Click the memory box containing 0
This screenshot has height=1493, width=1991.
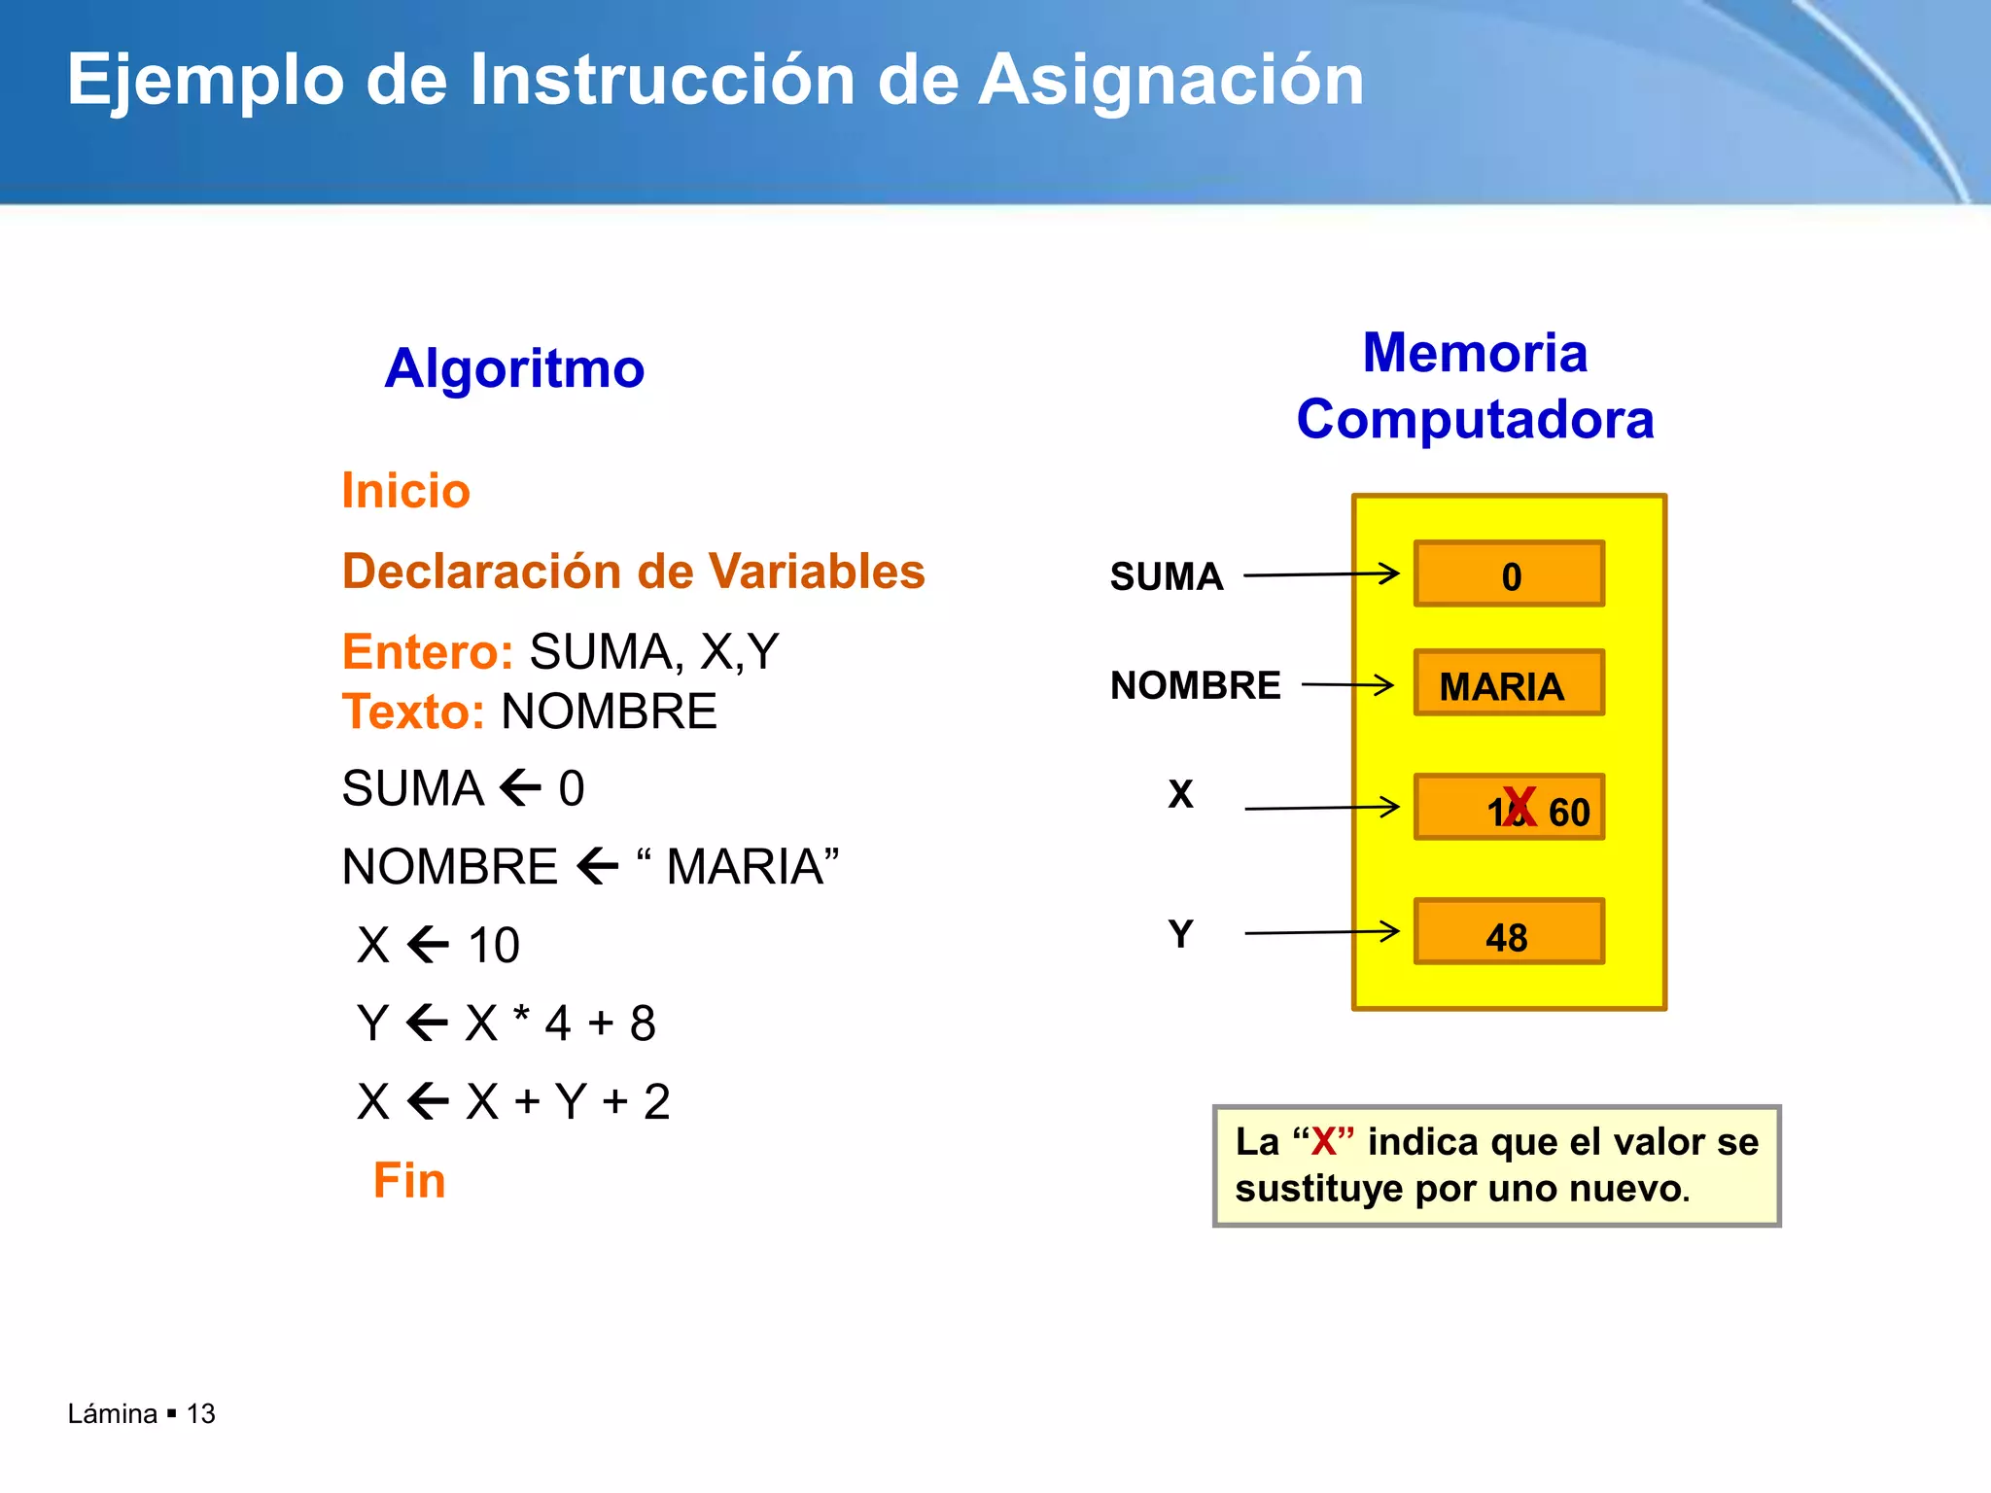point(1509,574)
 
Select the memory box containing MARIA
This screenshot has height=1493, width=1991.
point(1509,683)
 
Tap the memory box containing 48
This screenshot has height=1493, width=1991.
point(1509,932)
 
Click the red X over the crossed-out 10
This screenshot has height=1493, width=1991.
point(1519,807)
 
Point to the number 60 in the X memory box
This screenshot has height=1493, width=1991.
point(1569,813)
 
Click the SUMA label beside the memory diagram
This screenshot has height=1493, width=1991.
point(1167,576)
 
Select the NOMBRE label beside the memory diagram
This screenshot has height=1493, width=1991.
point(1195,685)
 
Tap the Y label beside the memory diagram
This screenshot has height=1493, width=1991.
point(1180,934)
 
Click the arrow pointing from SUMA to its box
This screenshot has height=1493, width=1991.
point(1321,574)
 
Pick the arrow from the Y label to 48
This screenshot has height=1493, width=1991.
point(1321,932)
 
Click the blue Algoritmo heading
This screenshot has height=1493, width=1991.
point(514,368)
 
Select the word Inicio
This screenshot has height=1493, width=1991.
point(405,491)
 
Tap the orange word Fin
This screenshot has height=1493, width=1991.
point(409,1181)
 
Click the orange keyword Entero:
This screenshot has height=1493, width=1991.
point(427,651)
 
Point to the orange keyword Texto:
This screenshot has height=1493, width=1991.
point(413,712)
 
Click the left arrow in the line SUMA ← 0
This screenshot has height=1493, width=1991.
point(521,787)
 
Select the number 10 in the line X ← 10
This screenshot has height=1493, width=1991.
point(494,945)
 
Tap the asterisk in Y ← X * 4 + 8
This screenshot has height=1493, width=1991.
point(522,1015)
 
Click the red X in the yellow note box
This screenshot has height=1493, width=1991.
point(1324,1142)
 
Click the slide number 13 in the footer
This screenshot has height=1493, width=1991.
point(201,1413)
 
